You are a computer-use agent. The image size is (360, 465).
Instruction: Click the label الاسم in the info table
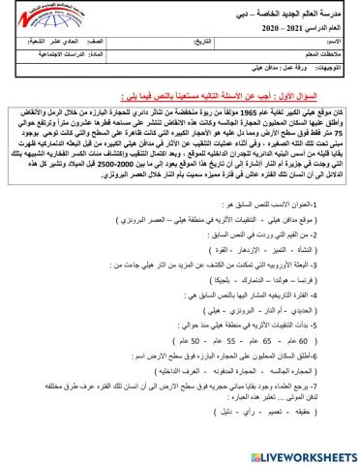(335, 43)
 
